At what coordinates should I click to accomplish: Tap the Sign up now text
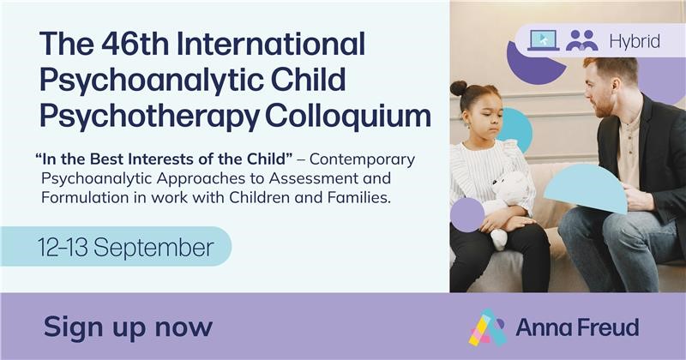pos(128,326)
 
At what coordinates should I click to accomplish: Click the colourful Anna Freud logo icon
pos(487,327)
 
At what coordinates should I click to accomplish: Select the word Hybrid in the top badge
pos(635,40)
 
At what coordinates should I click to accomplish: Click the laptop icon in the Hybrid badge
pos(544,39)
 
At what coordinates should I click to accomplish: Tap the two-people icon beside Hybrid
pos(582,39)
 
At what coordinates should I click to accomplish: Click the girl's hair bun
pos(459,88)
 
